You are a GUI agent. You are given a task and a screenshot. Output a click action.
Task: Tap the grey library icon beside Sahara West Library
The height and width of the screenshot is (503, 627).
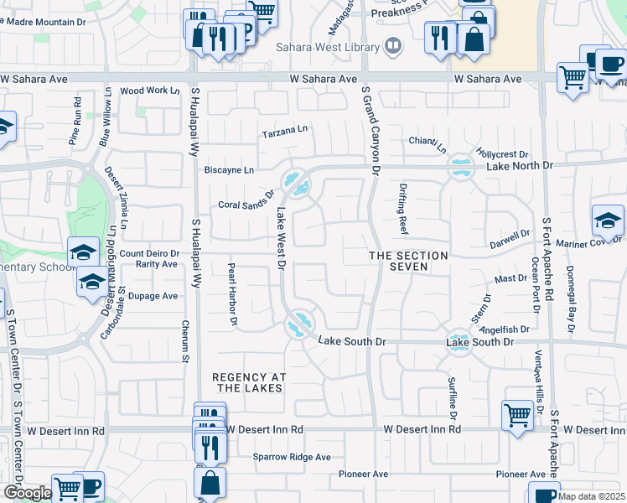coord(392,45)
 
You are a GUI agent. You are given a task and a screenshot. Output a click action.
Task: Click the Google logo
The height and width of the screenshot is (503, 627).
coord(27,493)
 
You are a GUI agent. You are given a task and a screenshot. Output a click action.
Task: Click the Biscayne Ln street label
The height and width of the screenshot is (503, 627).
coord(229,169)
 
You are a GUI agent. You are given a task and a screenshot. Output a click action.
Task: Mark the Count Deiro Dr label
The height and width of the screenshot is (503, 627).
coord(150,253)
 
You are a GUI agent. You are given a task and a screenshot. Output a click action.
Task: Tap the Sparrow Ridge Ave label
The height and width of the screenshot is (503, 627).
coord(292,457)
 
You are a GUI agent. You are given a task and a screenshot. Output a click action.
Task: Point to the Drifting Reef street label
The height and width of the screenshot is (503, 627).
coord(402,211)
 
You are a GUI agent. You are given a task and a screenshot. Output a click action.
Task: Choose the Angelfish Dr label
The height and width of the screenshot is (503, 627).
coord(510,329)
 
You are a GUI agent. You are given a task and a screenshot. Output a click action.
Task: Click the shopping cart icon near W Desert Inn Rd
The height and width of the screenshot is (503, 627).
coord(517,414)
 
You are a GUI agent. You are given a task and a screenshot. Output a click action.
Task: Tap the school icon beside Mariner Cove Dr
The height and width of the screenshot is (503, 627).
coord(607,220)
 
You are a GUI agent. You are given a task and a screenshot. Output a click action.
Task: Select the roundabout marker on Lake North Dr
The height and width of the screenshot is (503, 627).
coord(459,166)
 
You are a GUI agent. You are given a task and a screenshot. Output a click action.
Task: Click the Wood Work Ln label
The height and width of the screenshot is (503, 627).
coord(150,91)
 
